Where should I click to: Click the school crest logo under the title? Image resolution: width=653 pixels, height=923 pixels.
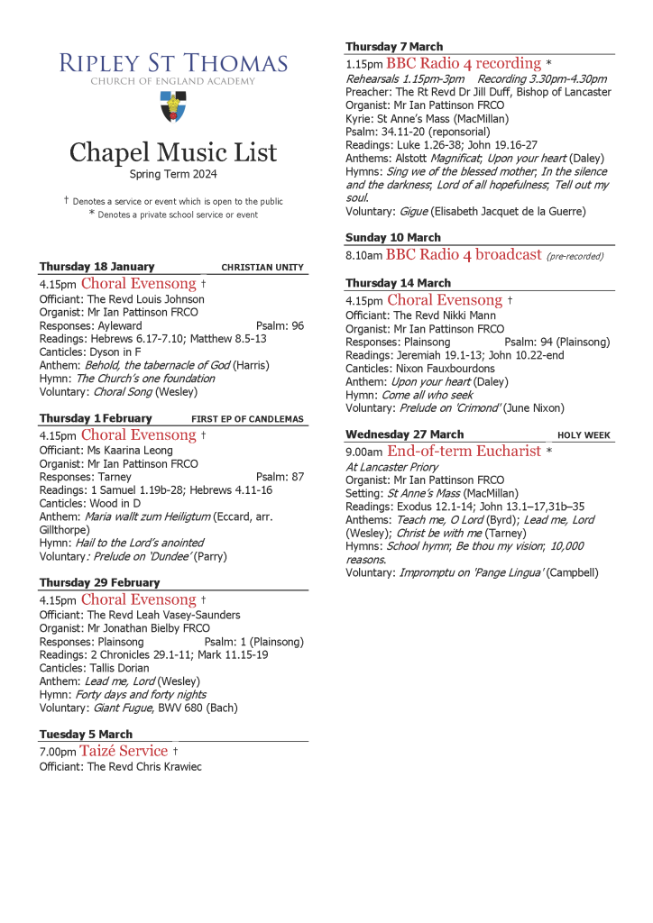click(x=173, y=106)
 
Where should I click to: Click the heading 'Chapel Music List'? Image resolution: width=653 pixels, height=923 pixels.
click(x=173, y=151)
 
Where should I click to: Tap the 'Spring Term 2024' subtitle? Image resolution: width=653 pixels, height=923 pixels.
click(x=173, y=174)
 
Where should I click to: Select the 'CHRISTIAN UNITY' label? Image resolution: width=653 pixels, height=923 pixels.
click(x=262, y=268)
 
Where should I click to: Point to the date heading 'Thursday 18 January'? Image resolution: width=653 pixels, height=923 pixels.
click(x=97, y=267)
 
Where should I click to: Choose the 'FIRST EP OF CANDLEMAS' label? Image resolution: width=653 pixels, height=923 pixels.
click(x=247, y=419)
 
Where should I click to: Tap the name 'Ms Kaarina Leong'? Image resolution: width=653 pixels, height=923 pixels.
click(x=130, y=451)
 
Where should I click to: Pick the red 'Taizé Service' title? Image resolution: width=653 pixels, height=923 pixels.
click(x=124, y=751)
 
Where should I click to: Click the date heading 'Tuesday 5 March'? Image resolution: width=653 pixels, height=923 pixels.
click(x=86, y=735)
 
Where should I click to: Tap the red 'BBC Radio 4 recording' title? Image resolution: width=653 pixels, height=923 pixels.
click(x=464, y=64)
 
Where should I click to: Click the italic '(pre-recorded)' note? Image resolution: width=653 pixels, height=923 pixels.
click(x=575, y=256)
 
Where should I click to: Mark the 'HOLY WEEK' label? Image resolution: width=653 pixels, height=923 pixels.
click(x=584, y=435)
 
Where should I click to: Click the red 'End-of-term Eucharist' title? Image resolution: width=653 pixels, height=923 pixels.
click(x=464, y=451)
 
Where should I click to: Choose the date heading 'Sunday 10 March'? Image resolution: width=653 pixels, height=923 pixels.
click(x=393, y=238)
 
